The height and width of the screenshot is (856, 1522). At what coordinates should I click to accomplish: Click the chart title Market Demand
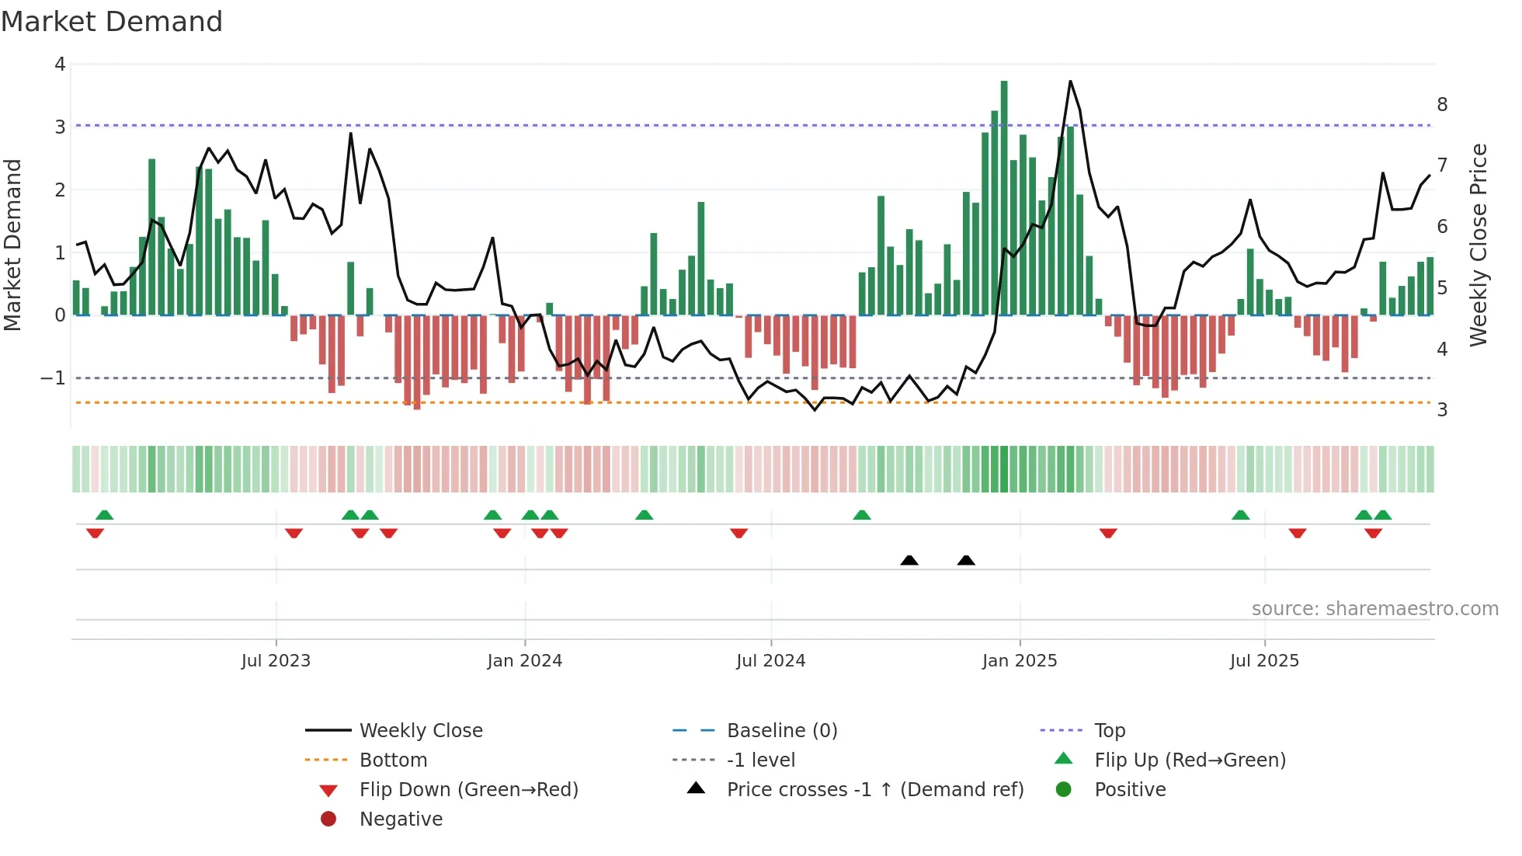coord(112,22)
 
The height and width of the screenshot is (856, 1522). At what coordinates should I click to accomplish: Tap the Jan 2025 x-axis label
coord(1019,661)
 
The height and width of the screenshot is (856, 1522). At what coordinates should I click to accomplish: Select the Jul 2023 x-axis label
coord(276,661)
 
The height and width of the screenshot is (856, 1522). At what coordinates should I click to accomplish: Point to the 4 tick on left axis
coord(60,64)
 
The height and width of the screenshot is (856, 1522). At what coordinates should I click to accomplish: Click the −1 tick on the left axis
coord(54,378)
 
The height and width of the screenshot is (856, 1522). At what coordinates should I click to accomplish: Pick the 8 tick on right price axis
coord(1442,104)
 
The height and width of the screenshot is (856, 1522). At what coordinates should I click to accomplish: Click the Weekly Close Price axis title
coord(1479,245)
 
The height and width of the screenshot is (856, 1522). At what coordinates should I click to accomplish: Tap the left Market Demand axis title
coord(13,245)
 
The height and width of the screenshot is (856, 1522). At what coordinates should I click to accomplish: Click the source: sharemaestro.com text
coord(1374,608)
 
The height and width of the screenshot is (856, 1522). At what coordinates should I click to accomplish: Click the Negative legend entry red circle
coord(328,819)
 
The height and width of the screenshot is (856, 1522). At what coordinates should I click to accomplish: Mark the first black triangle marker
coord(909,560)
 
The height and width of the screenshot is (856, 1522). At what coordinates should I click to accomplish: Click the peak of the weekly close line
coord(1070,81)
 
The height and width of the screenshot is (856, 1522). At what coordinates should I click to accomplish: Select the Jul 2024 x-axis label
coord(770,661)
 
